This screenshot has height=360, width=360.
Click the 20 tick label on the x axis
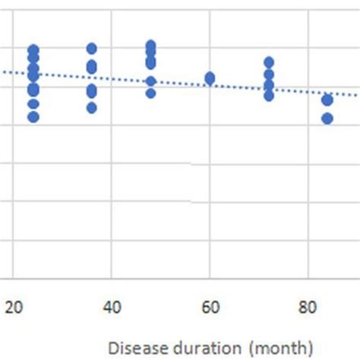tap(13, 308)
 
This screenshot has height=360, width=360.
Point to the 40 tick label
tap(111, 308)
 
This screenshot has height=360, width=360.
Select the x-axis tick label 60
tap(210, 308)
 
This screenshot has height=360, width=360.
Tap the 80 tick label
tap(308, 308)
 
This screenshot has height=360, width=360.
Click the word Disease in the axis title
tap(134, 348)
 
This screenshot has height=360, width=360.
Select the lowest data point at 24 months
tap(33, 117)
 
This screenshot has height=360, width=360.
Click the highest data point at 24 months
tap(33, 50)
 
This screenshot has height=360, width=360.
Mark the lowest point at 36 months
tap(92, 108)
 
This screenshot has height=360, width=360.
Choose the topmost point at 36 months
tap(92, 49)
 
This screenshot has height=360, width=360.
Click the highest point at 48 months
tap(150, 46)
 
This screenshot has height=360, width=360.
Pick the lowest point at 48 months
tap(150, 93)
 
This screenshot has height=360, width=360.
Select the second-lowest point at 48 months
tap(150, 81)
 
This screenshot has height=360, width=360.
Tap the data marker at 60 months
tap(210, 78)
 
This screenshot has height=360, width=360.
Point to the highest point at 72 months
tap(269, 62)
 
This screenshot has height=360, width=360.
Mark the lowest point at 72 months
tap(269, 96)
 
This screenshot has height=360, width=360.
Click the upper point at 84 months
tap(327, 100)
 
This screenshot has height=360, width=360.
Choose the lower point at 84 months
tap(327, 118)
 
